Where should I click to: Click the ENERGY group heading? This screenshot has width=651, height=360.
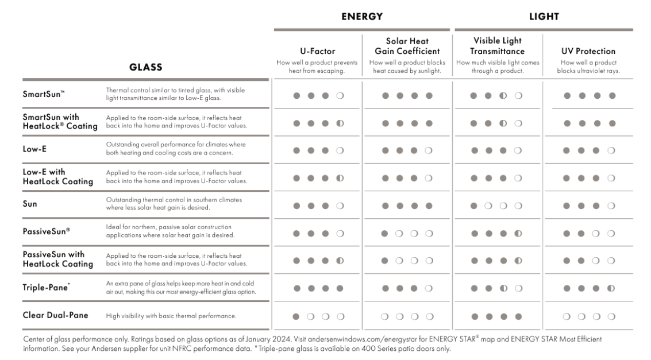(361, 17)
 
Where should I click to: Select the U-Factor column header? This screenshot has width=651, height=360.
(318, 51)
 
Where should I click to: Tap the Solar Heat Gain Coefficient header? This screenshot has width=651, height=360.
(408, 46)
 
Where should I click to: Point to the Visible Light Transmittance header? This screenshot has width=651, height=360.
(498, 46)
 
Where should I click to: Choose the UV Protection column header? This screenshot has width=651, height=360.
(588, 51)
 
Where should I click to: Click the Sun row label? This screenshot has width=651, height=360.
(30, 204)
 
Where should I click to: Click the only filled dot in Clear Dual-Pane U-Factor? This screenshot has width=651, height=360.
(296, 316)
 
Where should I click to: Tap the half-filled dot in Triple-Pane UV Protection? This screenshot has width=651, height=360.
(611, 288)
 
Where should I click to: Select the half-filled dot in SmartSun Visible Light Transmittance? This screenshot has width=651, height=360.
(503, 95)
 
